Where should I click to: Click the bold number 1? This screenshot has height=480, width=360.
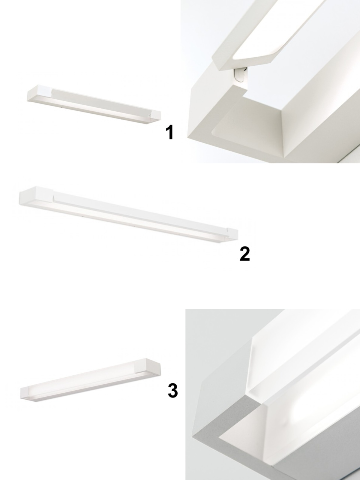click(x=169, y=132)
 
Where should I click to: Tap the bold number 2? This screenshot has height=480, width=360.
click(x=244, y=253)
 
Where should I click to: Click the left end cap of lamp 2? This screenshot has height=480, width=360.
click(x=36, y=195)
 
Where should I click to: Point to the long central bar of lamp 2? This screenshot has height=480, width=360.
click(x=140, y=211)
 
